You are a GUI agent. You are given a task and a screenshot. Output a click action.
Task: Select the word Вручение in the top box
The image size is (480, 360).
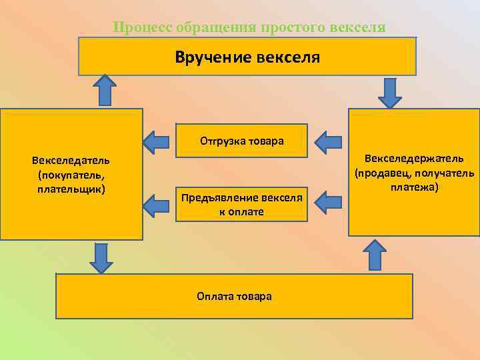pyautogui.click(x=213, y=57)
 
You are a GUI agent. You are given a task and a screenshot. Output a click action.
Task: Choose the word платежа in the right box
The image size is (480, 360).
pyautogui.click(x=413, y=188)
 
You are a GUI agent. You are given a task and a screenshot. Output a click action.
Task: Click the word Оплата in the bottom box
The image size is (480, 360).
pyautogui.click(x=213, y=296)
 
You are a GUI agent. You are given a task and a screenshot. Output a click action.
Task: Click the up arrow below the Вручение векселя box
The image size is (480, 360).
pyautogui.click(x=105, y=90)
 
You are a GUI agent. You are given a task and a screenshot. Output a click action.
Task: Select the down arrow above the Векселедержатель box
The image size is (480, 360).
pyautogui.click(x=390, y=92)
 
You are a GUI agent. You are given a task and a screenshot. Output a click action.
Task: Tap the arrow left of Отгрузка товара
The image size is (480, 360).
pyautogui.click(x=157, y=141)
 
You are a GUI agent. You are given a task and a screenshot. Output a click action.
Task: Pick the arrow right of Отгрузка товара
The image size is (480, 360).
pyautogui.click(x=328, y=141)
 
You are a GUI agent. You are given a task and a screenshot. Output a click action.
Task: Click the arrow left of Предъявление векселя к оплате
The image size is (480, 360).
pyautogui.click(x=157, y=205)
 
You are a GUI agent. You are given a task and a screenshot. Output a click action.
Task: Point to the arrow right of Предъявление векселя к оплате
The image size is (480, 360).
pyautogui.click(x=328, y=203)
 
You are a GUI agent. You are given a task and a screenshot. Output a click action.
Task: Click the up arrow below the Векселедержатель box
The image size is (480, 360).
pyautogui.click(x=375, y=255)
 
